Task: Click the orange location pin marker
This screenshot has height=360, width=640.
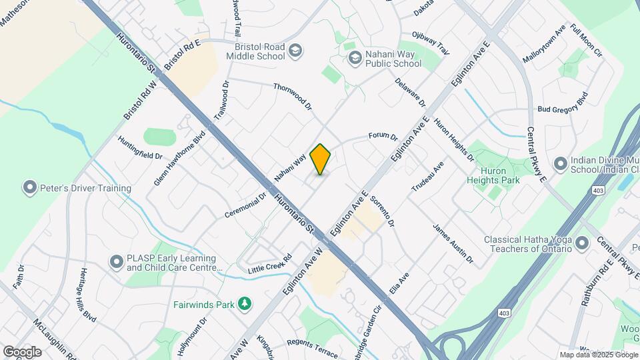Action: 321,159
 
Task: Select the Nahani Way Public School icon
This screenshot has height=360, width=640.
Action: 354,58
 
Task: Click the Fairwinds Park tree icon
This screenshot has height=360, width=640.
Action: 246,305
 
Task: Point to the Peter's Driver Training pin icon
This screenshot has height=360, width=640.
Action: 29,188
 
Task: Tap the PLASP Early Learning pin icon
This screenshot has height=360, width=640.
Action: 116,263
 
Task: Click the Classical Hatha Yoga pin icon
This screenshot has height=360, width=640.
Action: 582,244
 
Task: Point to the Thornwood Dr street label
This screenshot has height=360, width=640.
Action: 293,96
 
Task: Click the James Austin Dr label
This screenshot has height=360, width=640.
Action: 453,243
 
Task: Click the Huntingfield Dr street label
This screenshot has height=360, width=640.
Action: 140,147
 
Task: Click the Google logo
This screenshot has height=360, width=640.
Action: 22,351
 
